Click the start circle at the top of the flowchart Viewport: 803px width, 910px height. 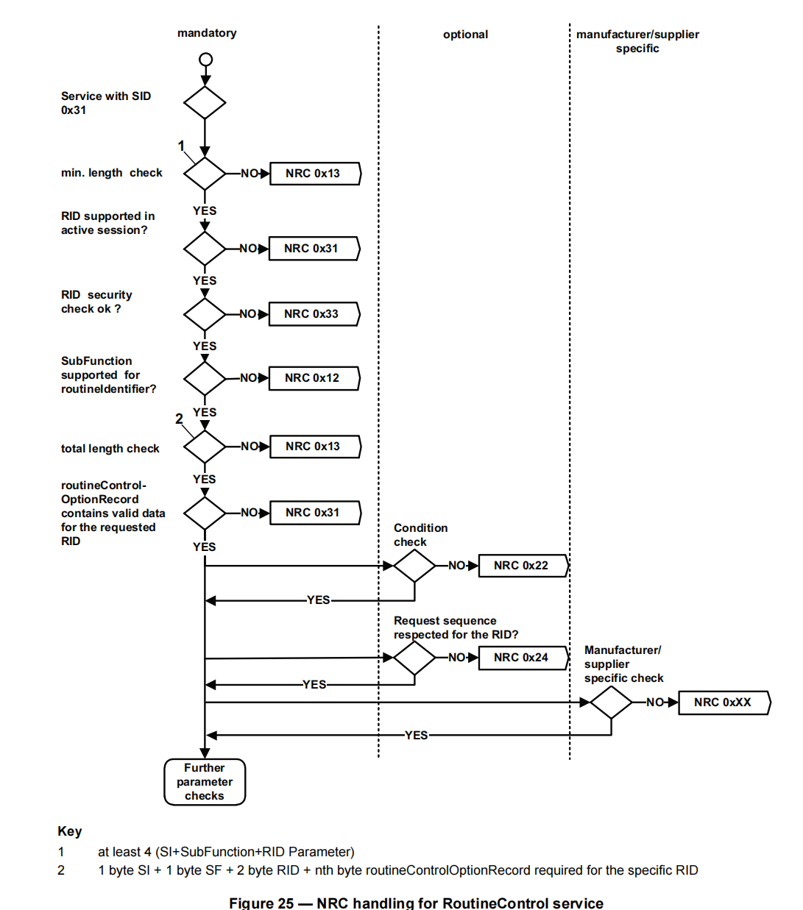pyautogui.click(x=206, y=60)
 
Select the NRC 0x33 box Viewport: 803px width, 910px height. pyautogui.click(x=314, y=314)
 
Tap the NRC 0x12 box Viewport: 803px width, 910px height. pyautogui.click(x=314, y=378)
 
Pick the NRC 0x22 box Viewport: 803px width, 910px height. pyautogui.click(x=523, y=566)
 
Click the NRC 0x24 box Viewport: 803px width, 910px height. pyautogui.click(x=523, y=658)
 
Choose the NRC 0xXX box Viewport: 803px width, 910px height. pyautogui.click(x=724, y=703)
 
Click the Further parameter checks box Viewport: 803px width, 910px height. pyautogui.click(x=205, y=782)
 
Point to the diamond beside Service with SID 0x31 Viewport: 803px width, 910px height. pyautogui.click(x=205, y=102)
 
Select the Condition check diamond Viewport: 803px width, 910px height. pyautogui.click(x=414, y=566)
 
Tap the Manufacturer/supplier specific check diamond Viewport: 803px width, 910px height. pyautogui.click(x=611, y=703)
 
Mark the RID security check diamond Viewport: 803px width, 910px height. pyautogui.click(x=205, y=314)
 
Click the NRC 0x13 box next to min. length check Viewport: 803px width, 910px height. pyautogui.click(x=314, y=174)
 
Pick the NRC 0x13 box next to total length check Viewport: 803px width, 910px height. pyautogui.click(x=314, y=447)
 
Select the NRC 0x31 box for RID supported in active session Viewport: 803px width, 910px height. pyautogui.click(x=314, y=249)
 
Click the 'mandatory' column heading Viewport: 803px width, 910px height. pyautogui.click(x=207, y=33)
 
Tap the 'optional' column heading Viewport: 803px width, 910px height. pyautogui.click(x=465, y=35)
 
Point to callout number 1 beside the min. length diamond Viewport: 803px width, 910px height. pyautogui.click(x=181, y=146)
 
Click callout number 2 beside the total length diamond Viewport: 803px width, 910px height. pyautogui.click(x=179, y=419)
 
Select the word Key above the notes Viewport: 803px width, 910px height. pyautogui.click(x=70, y=831)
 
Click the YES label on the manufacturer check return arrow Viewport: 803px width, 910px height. pyautogui.click(x=416, y=735)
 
